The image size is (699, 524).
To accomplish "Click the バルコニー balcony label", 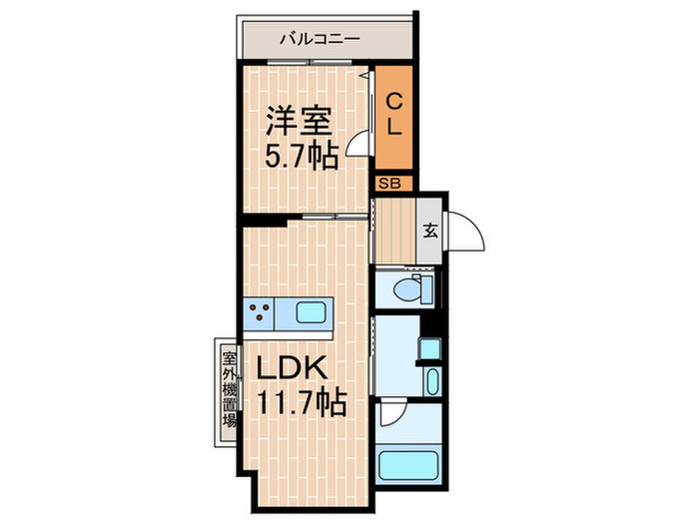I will (319, 41).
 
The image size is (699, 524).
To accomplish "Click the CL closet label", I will (394, 114).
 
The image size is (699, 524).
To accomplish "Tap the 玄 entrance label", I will (429, 231).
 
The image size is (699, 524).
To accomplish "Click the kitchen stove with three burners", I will (259, 314).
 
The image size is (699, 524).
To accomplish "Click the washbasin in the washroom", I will (431, 382).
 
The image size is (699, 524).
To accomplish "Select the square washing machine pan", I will (428, 348).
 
